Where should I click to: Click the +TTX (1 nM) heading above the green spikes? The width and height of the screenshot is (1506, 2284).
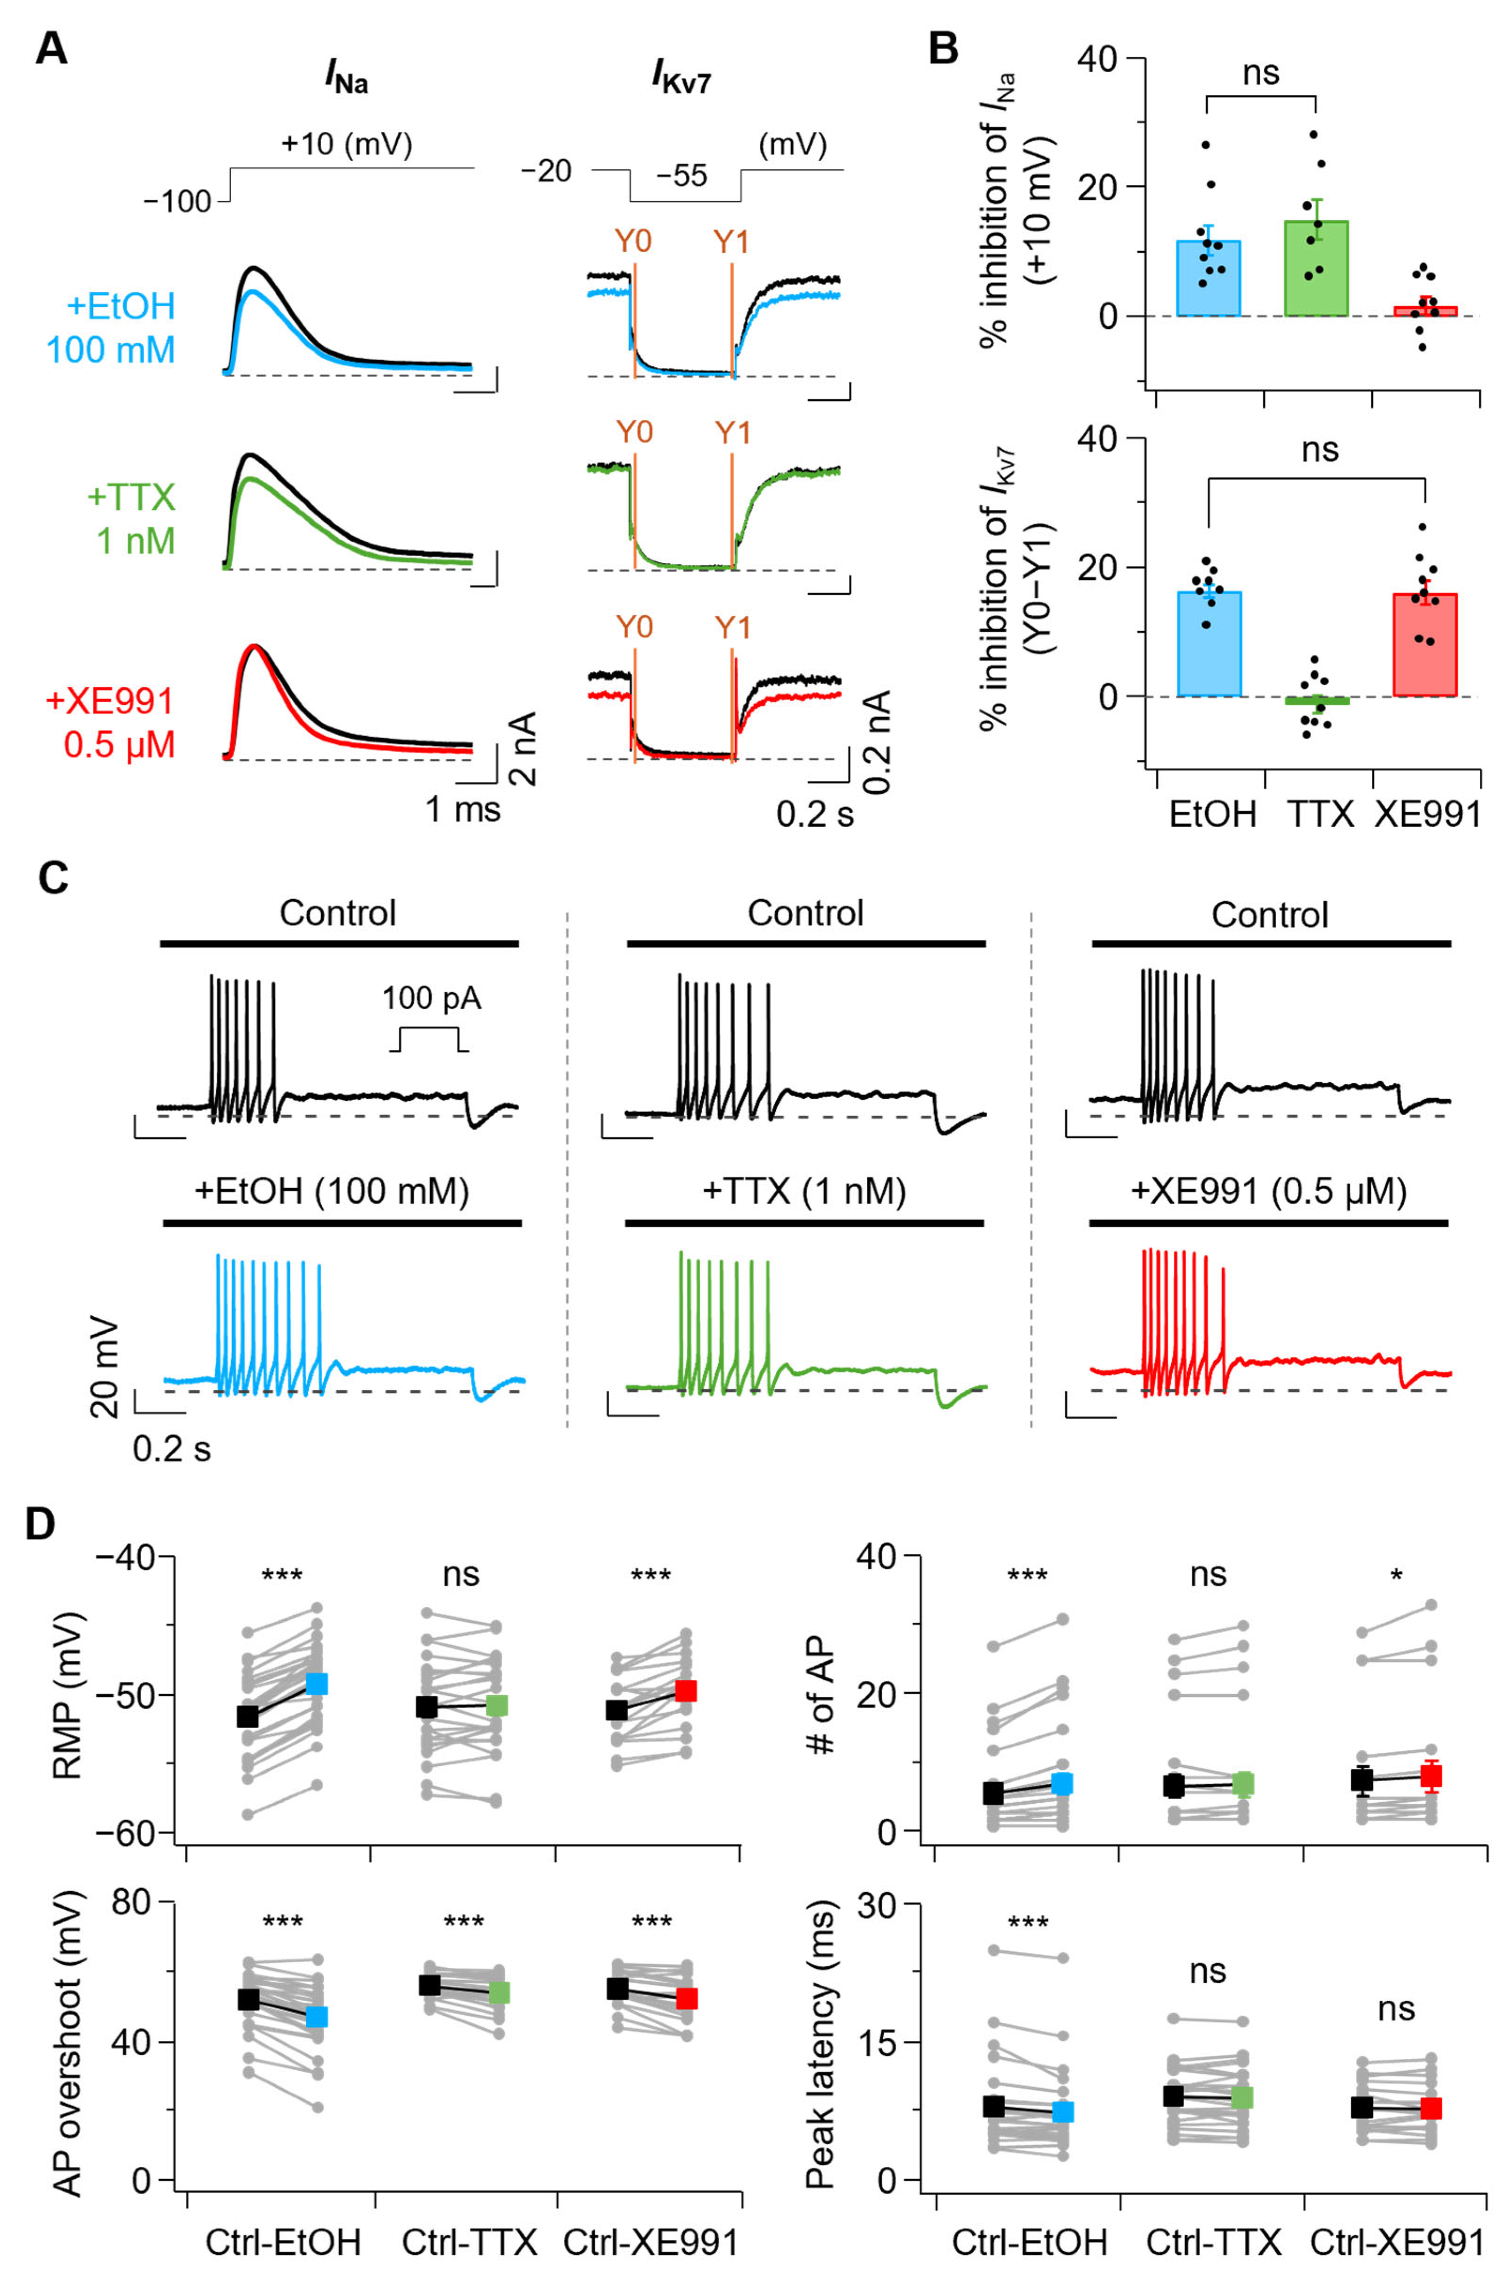[805, 1192]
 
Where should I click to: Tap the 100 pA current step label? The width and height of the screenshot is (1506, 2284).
[431, 999]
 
